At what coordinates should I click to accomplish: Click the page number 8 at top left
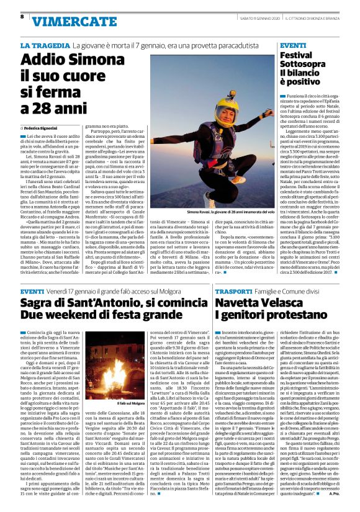22,16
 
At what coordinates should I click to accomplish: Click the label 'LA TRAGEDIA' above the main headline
43,46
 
